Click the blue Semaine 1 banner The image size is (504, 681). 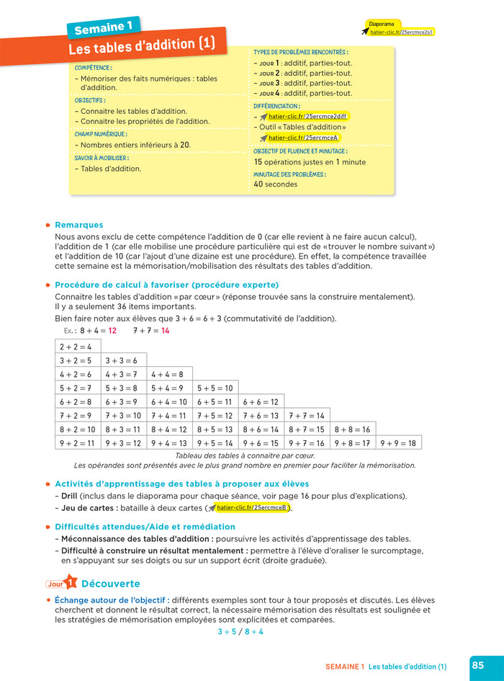tap(104, 27)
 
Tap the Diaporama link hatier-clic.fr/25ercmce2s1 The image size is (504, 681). tap(402, 32)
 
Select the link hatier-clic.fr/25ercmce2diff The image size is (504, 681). tap(307, 116)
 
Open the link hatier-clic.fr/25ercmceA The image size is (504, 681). tap(302, 138)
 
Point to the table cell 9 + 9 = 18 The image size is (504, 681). tap(398, 443)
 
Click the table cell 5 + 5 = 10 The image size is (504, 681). tap(215, 388)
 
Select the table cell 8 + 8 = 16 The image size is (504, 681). tap(352, 429)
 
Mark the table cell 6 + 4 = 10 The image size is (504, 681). tap(169, 402)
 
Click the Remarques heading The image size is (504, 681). tap(78, 225)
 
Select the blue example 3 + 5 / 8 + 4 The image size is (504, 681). tap(240, 631)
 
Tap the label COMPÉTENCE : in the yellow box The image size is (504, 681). tap(94, 68)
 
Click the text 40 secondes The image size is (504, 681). tap(275, 184)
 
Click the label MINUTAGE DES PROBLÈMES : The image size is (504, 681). tap(289, 174)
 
